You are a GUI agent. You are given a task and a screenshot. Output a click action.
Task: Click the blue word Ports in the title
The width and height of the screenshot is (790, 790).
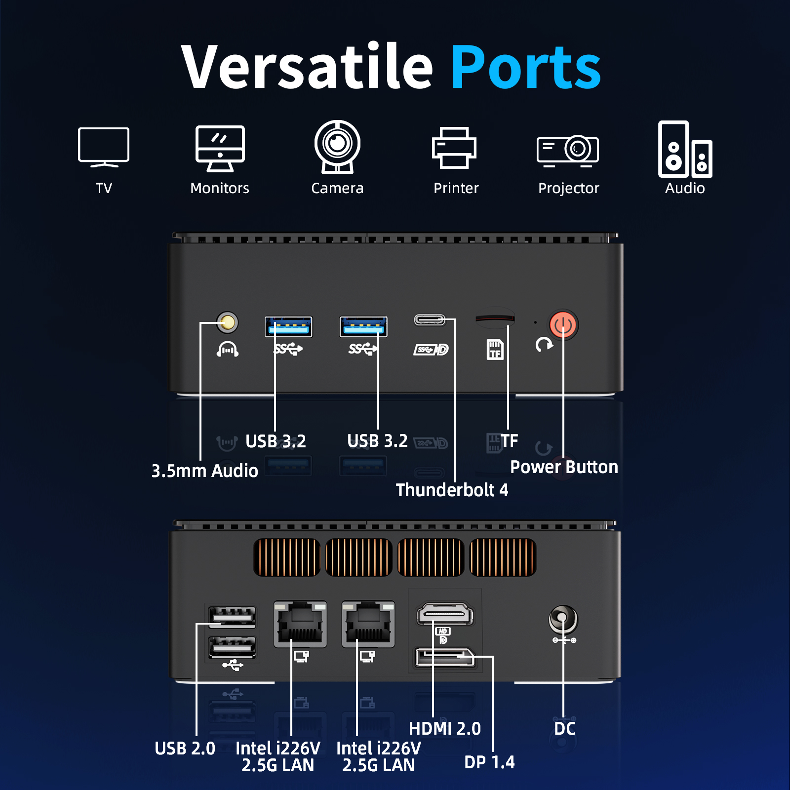pyautogui.click(x=525, y=67)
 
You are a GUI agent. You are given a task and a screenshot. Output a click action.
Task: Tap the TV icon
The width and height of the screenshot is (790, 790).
pyautogui.click(x=104, y=147)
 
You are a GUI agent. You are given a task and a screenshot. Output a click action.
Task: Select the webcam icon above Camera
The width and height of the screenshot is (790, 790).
pyautogui.click(x=338, y=147)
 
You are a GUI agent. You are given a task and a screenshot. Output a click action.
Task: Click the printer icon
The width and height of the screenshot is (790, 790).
pyautogui.click(x=454, y=148)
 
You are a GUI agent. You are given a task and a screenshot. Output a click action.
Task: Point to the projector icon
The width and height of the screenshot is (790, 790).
pyautogui.click(x=568, y=150)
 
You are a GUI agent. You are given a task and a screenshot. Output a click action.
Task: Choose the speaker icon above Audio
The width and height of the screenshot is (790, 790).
pyautogui.click(x=685, y=149)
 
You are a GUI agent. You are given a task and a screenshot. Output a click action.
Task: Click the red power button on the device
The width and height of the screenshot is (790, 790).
pyautogui.click(x=563, y=325)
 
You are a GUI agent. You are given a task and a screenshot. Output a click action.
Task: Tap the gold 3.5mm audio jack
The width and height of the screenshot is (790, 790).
pyautogui.click(x=228, y=322)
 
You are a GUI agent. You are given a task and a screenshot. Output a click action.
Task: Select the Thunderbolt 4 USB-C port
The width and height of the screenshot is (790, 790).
pyautogui.click(x=430, y=320)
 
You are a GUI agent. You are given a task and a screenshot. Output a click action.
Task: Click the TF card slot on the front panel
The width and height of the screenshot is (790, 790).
pyautogui.click(x=495, y=319)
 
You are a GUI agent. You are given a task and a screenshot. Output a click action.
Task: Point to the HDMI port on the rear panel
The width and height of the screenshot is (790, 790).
pyautogui.click(x=445, y=614)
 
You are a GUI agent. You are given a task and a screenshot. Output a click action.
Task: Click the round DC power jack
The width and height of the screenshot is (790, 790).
pyautogui.click(x=563, y=618)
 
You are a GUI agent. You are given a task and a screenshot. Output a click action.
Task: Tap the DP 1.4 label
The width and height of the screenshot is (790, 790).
pyautogui.click(x=489, y=762)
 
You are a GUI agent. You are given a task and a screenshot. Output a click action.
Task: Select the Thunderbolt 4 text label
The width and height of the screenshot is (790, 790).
pyautogui.click(x=452, y=490)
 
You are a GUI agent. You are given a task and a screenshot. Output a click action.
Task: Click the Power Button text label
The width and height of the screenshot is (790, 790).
pyautogui.click(x=564, y=467)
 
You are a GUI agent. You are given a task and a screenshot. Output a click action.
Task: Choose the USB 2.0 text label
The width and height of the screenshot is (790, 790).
pyautogui.click(x=185, y=749)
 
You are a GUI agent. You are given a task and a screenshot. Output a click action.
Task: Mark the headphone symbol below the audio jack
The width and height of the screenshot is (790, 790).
pyautogui.click(x=228, y=349)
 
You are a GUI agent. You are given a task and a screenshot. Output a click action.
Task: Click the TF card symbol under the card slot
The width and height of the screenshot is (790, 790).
pyautogui.click(x=495, y=350)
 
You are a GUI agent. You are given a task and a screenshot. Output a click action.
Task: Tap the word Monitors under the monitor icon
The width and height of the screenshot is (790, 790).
pyautogui.click(x=220, y=188)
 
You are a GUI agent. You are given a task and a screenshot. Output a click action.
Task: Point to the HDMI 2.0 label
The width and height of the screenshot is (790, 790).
pyautogui.click(x=445, y=729)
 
